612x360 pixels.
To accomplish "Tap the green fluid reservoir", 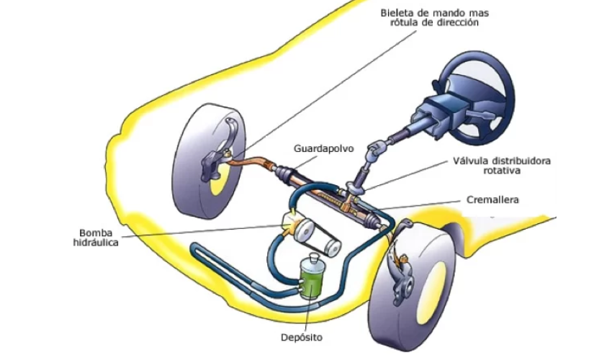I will [312, 282].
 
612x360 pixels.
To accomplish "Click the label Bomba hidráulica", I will [95, 238].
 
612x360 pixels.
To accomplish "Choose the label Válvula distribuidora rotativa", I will [501, 166].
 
